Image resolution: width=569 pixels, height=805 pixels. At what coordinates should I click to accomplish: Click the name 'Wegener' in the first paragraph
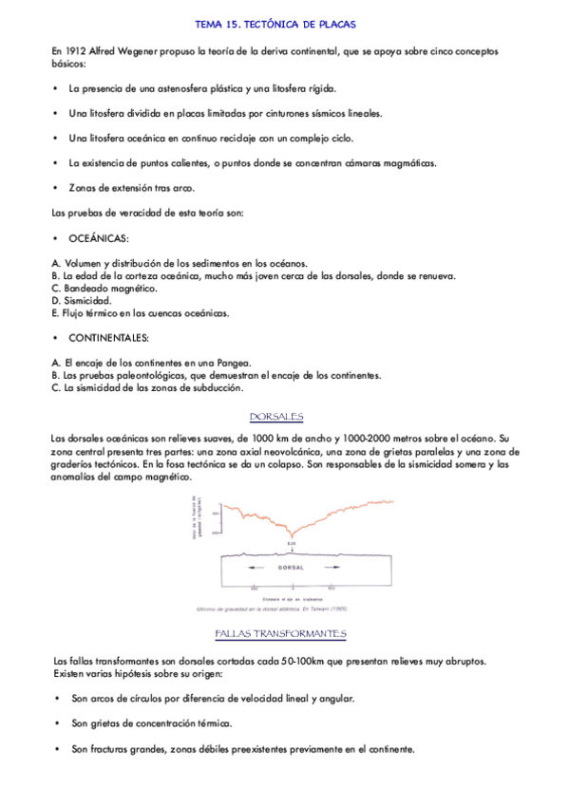click(142, 51)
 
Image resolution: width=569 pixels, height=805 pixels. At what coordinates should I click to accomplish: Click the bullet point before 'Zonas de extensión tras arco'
click(56, 188)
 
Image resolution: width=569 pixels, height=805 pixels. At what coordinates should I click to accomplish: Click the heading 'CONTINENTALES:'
click(108, 337)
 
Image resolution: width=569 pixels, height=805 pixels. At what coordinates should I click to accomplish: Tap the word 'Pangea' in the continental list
click(231, 363)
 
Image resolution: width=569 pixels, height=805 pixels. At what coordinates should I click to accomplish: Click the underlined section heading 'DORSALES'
click(275, 417)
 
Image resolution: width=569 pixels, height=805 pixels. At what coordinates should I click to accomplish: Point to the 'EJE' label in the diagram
click(291, 544)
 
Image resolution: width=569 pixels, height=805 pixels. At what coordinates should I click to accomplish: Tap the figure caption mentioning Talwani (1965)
click(274, 608)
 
